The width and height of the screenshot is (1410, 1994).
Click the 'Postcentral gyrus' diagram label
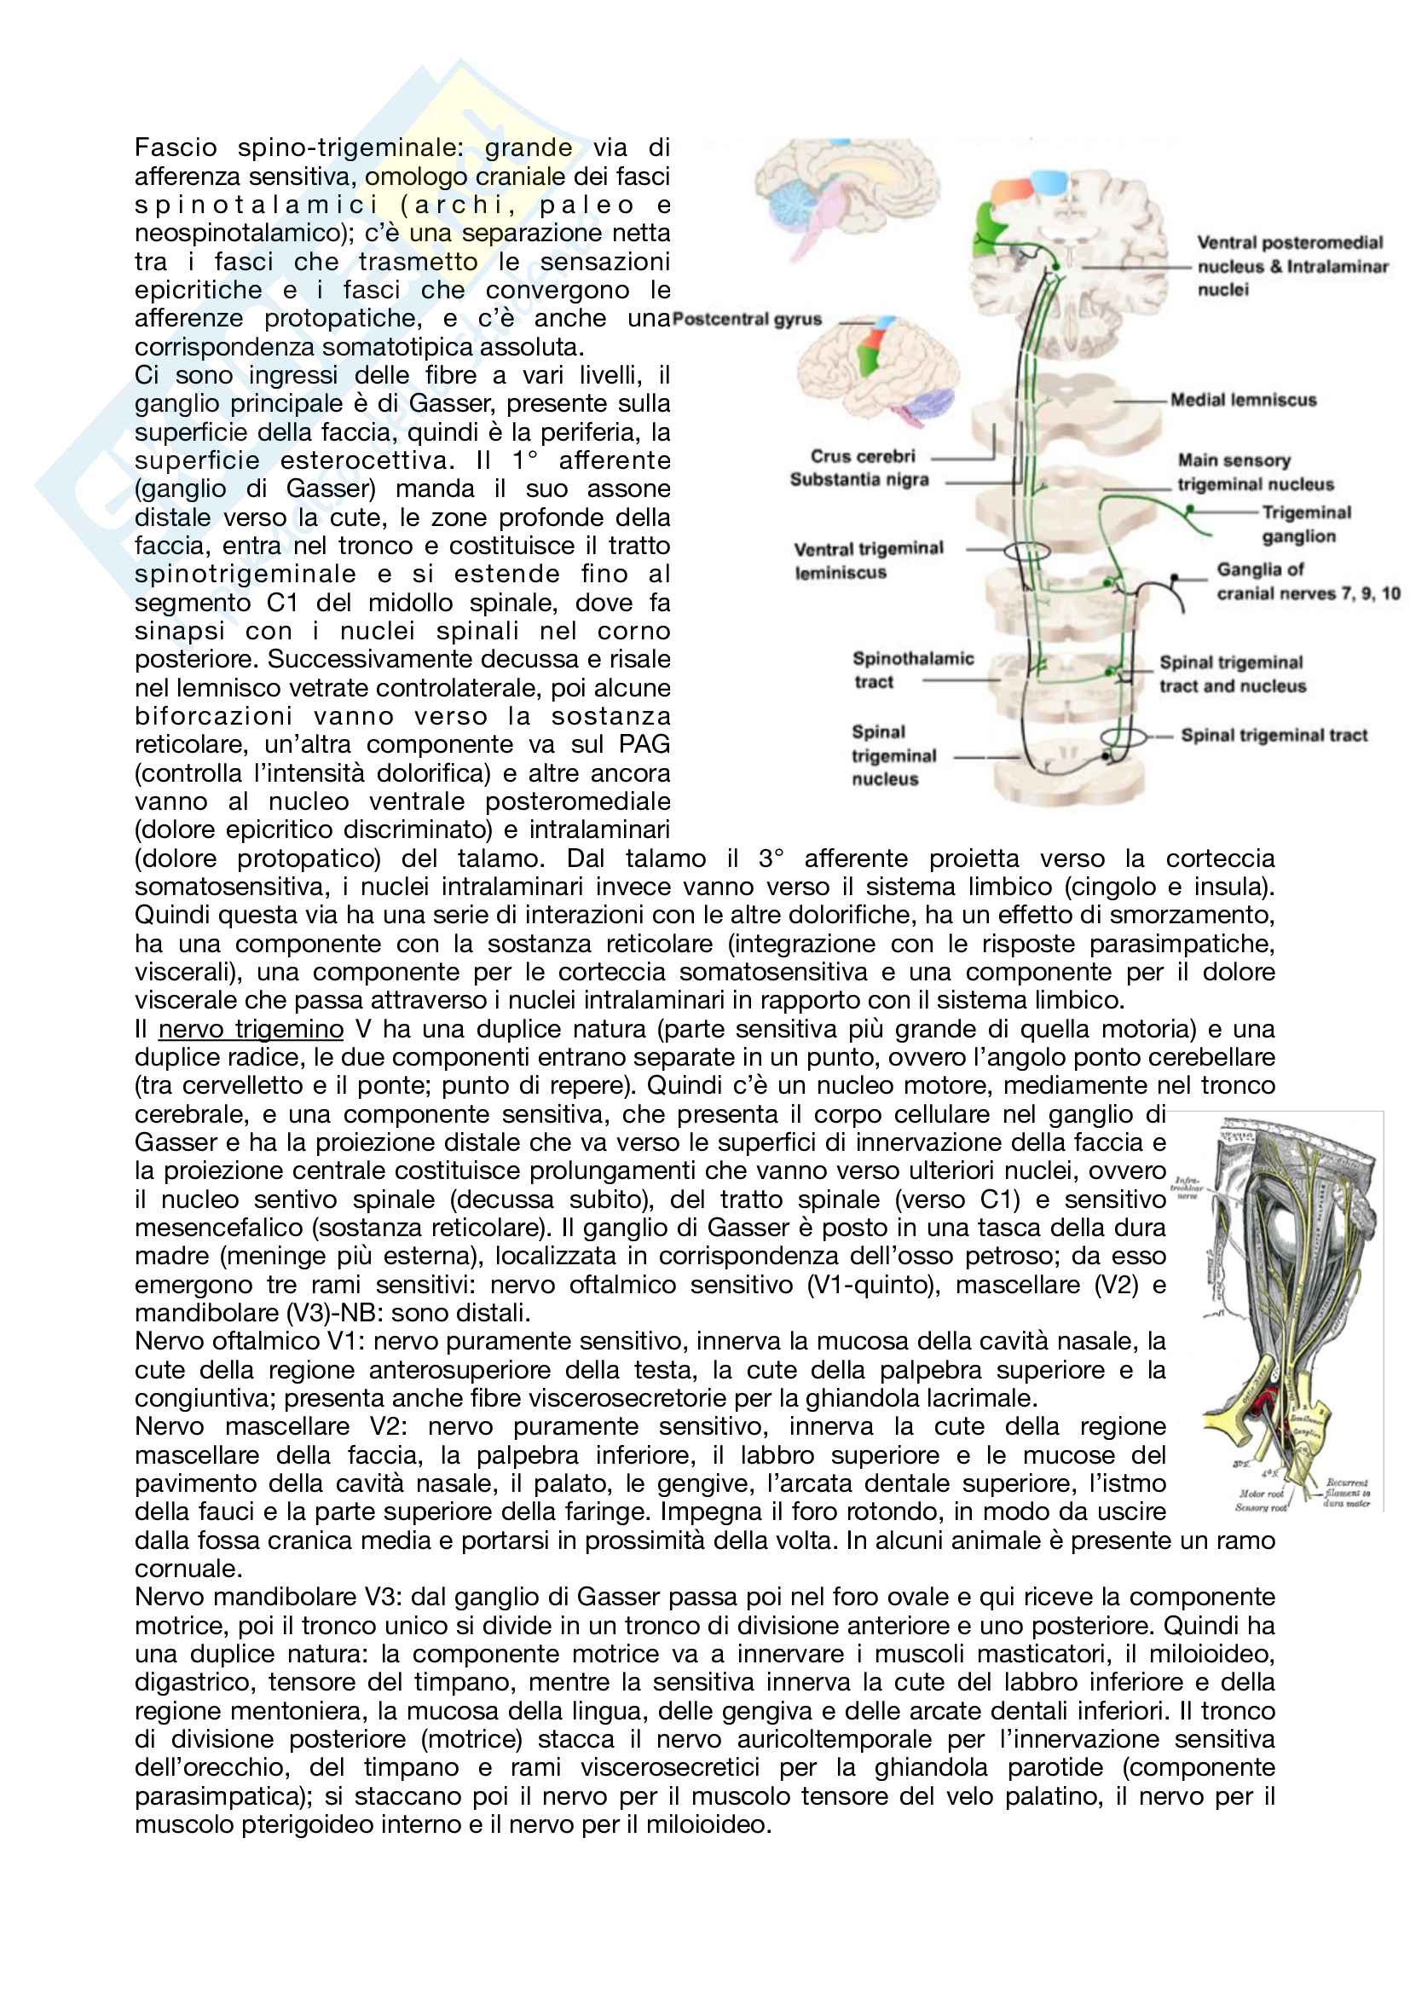coord(747,319)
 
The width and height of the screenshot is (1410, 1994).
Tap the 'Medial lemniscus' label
coord(1243,401)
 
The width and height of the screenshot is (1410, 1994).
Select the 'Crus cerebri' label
coord(862,456)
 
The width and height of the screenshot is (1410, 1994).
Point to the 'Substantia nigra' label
coord(858,479)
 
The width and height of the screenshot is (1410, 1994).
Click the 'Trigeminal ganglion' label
coord(1305,523)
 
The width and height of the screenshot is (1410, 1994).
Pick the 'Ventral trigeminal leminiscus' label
coord(867,560)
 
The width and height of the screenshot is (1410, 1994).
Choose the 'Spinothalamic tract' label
coord(911,669)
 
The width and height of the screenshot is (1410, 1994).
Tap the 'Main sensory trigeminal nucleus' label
coord(1255,472)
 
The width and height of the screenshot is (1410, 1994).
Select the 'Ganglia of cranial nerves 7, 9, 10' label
coord(1307,581)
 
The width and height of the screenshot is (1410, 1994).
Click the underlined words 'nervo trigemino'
coord(250,1029)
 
